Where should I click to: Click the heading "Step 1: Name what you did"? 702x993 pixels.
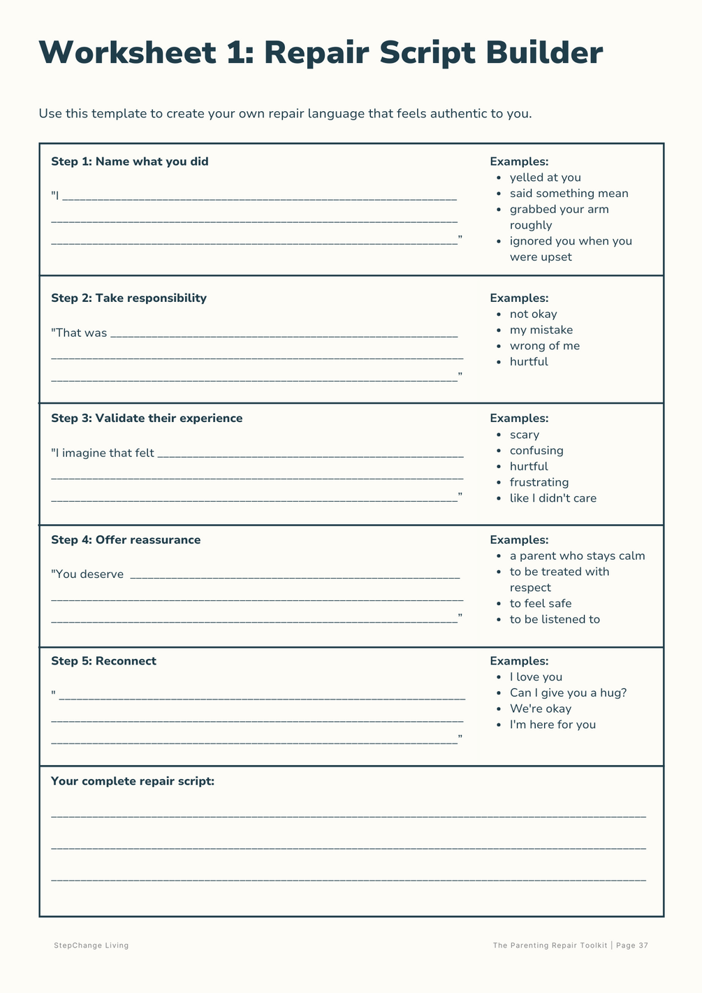pos(129,161)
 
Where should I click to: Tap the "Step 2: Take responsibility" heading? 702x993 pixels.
pos(129,298)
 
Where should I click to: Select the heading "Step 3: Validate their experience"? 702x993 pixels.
pos(147,418)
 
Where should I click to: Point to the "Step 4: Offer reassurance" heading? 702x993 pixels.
pos(126,539)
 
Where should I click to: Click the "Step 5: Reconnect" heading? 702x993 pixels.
pos(103,661)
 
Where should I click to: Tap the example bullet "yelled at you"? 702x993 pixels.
pos(545,177)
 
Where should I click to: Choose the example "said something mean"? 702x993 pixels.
pos(569,194)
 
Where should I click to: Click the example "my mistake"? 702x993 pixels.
pos(541,330)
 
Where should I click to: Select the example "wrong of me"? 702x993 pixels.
pos(544,346)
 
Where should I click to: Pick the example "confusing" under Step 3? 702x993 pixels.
pos(536,451)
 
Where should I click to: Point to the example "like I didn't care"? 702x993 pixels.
pos(553,498)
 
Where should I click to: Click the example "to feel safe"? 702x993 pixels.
pos(540,604)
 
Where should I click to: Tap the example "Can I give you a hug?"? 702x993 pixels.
pos(568,693)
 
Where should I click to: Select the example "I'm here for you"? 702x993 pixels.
pos(553,725)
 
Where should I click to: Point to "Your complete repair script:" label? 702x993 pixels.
pos(133,781)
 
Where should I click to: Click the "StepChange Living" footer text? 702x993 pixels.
pos(92,945)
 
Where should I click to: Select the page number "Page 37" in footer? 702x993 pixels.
pos(633,945)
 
